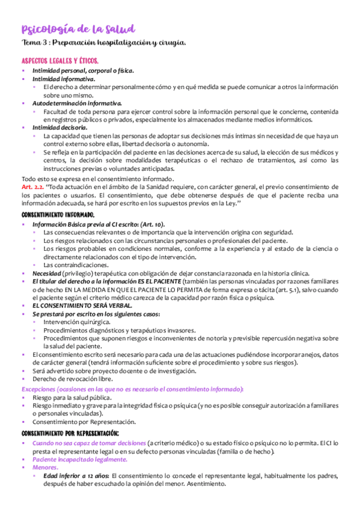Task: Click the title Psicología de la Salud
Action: [x=79, y=29]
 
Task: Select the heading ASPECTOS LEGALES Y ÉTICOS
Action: [x=60, y=62]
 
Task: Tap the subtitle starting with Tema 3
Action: [x=103, y=43]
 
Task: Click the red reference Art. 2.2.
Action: [x=31, y=188]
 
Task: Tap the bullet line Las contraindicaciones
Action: [x=76, y=265]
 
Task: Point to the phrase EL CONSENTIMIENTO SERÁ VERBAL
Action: [x=82, y=306]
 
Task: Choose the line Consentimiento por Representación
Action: [x=84, y=422]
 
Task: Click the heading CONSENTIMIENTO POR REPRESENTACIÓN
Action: [x=70, y=433]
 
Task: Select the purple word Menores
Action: [x=45, y=467]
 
